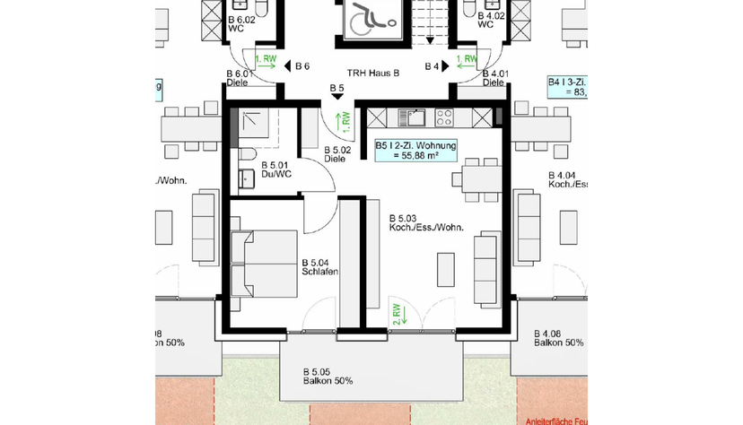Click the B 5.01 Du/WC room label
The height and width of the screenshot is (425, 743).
coord(275,169)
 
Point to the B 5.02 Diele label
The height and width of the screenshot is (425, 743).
coord(336,155)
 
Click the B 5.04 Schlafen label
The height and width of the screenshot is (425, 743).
coord(319,268)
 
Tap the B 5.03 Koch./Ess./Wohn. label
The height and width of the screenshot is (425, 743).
coord(425,223)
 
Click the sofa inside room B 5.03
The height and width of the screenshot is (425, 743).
coord(487,266)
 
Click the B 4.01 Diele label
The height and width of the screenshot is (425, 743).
coord(493,78)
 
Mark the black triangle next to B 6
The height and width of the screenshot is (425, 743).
coord(287,66)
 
